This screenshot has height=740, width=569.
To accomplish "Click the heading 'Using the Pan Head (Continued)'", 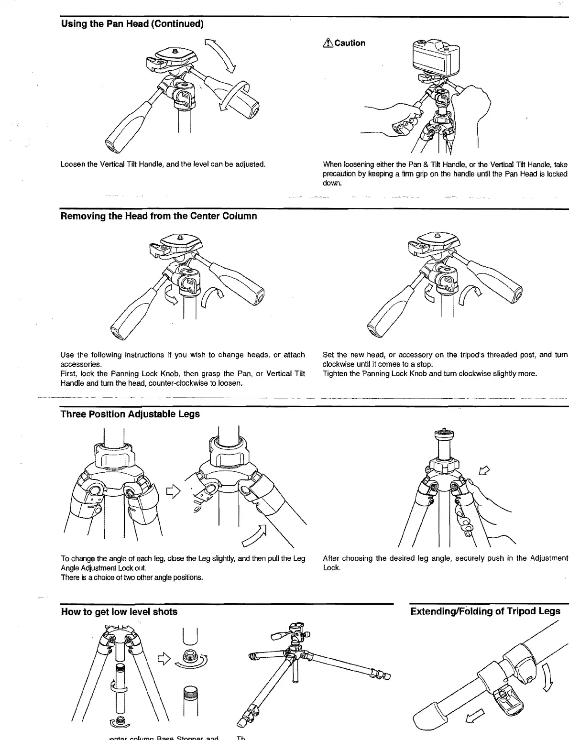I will [132, 23].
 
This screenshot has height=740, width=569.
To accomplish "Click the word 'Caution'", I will [350, 43].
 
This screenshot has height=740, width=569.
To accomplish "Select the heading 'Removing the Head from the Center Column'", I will [159, 216].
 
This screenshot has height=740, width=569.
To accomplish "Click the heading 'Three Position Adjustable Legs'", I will [130, 414].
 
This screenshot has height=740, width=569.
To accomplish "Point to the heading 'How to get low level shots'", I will [119, 612].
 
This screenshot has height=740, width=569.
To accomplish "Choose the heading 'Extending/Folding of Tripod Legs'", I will [485, 611].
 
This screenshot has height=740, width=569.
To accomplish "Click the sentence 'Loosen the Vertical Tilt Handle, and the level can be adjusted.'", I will [163, 164].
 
